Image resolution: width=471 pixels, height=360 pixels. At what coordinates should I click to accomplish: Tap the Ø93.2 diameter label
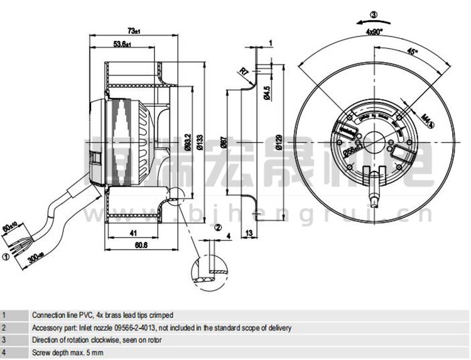pyautogui.click(x=188, y=142)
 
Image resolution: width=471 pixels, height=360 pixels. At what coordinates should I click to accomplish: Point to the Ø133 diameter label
pyautogui.click(x=200, y=142)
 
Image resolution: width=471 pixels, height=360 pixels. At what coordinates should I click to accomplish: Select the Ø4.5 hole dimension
pyautogui.click(x=267, y=92)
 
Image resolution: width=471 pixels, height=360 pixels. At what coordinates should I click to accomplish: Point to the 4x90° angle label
pyautogui.click(x=375, y=30)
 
